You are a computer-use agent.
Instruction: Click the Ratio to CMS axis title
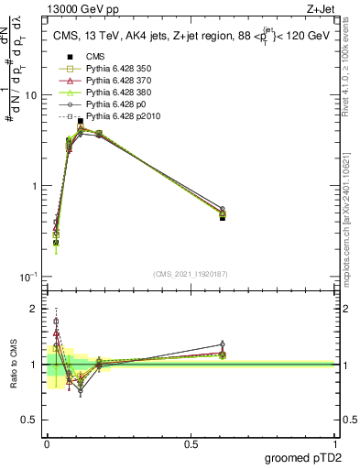[15, 365]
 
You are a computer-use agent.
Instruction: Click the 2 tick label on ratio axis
[35, 309]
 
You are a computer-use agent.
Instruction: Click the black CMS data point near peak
[81, 121]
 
